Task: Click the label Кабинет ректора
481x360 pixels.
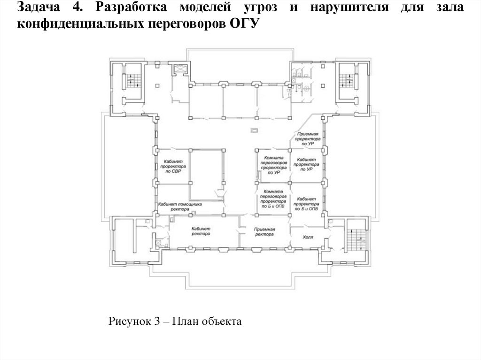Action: (x=201, y=230)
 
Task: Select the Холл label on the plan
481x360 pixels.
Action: (x=308, y=237)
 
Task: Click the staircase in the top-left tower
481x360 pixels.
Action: (x=133, y=82)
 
